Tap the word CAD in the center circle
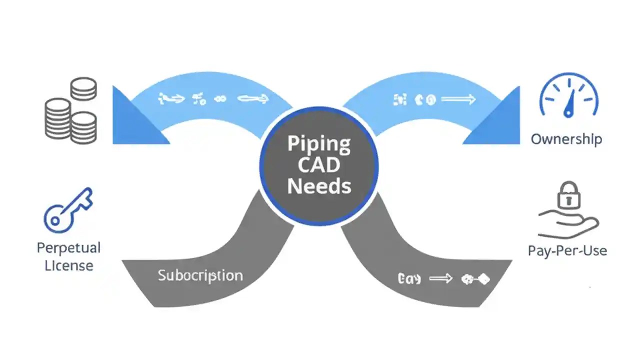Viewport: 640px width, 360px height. [319, 165]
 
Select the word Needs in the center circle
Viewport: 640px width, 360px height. [319, 186]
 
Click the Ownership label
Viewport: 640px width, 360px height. [566, 139]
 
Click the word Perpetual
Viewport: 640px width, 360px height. [68, 247]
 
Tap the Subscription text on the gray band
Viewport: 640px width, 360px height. [200, 275]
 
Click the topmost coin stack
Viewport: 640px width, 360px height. [83, 88]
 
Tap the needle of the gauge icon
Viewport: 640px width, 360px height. [569, 105]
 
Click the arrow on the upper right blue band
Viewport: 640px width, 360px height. [457, 99]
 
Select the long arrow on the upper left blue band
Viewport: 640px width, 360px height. [252, 99]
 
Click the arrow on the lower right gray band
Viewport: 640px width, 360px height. [440, 279]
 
